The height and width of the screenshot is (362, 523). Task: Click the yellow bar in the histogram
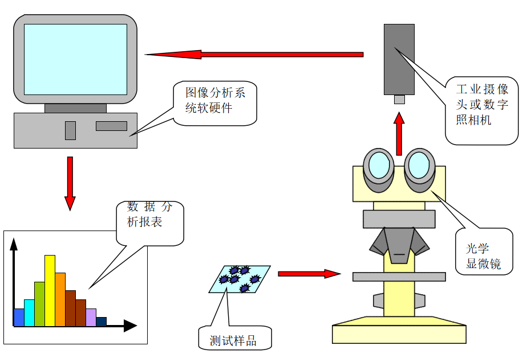coord(50,291)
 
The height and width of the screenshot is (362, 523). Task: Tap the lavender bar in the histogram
coord(91,317)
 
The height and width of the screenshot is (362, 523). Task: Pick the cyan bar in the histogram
coord(29,312)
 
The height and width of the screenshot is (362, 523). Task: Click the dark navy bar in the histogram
coord(101,322)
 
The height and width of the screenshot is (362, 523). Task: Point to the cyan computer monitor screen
coord(75,59)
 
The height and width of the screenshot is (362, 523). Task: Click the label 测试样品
coord(233,341)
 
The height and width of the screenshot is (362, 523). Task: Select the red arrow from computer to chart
coord(70,182)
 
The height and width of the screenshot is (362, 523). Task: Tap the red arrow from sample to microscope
coord(309,274)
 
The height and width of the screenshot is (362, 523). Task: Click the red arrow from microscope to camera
coord(399,133)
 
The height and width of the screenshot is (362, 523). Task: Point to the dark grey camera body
coord(399,59)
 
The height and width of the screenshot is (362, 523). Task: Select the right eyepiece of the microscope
coord(419,166)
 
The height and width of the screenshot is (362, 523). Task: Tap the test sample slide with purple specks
coord(240,279)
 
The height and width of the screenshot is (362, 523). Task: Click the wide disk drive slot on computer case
coord(111,126)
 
